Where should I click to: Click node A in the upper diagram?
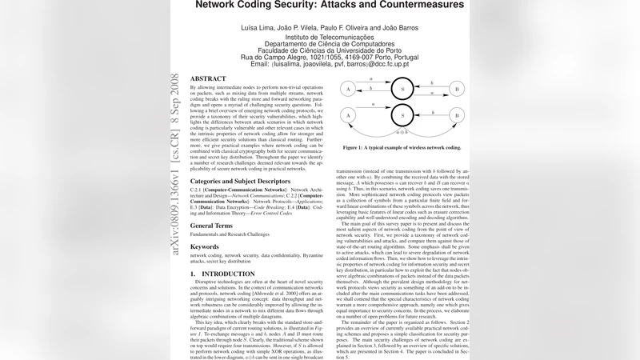click(347, 89)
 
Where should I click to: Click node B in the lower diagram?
click(458, 115)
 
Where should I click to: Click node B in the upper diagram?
click(458, 89)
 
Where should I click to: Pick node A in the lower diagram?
click(347, 115)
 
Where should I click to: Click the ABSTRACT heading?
click(209, 78)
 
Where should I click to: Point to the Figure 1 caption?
click(402, 148)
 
